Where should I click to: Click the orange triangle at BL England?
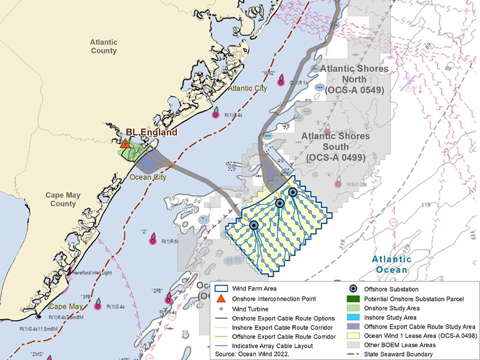[126, 143]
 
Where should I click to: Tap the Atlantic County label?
[103, 46]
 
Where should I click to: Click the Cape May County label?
[62, 200]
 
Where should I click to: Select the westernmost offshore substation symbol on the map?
[254, 225]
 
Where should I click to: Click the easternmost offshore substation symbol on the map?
[293, 192]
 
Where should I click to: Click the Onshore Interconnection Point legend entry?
[274, 298]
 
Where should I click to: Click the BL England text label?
[152, 133]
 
